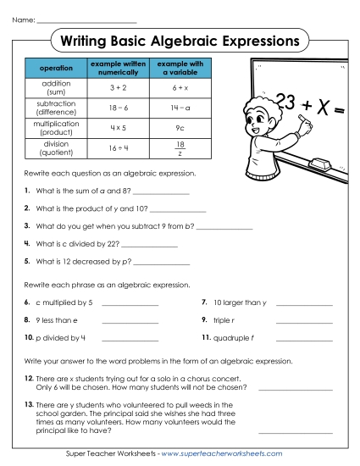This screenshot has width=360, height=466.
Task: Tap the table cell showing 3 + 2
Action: click(x=118, y=87)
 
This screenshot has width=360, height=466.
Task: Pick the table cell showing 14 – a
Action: click(x=180, y=108)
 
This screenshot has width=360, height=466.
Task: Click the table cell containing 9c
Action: click(x=180, y=128)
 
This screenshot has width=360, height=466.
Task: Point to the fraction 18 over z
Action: click(x=180, y=149)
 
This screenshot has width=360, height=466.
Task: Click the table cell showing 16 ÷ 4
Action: click(x=118, y=148)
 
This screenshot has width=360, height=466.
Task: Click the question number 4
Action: click(x=28, y=244)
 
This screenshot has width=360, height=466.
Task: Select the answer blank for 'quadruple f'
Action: click(x=304, y=339)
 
